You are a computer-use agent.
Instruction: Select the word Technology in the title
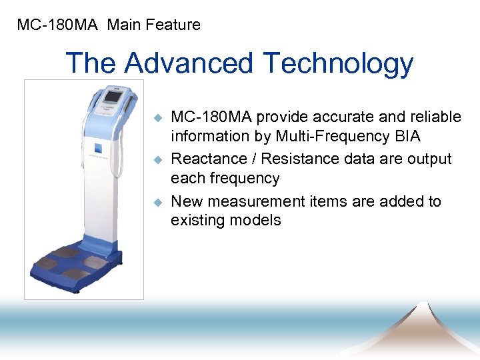[339, 64]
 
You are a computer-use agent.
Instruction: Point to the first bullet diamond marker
[158, 118]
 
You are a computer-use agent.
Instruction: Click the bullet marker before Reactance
[158, 160]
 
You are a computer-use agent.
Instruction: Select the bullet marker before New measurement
[158, 202]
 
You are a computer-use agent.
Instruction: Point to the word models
[253, 220]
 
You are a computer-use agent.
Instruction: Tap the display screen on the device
[111, 97]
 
